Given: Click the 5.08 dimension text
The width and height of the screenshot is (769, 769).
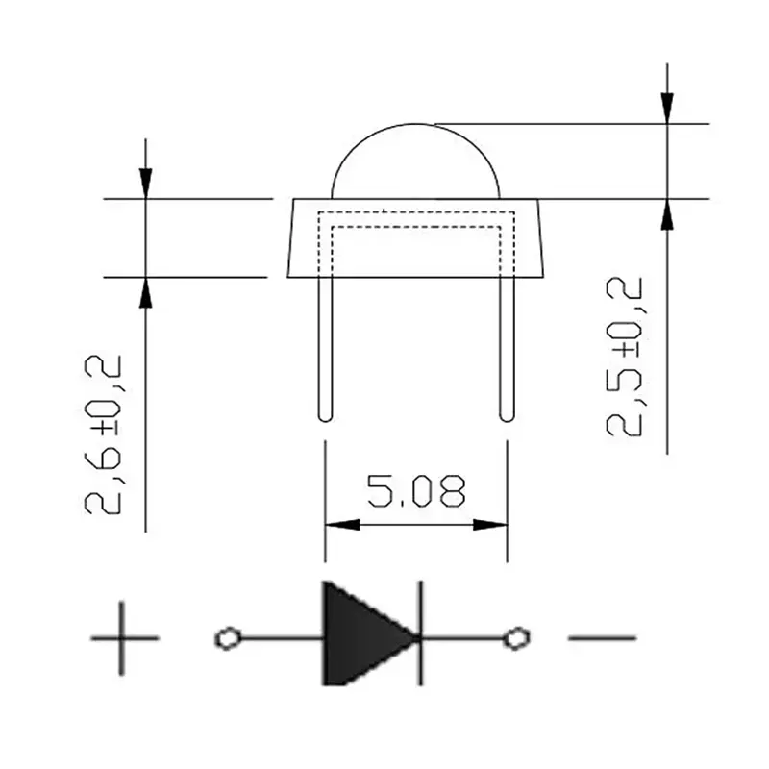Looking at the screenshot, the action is [x=416, y=491].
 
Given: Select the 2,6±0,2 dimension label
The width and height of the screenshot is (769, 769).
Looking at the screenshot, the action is [x=103, y=434].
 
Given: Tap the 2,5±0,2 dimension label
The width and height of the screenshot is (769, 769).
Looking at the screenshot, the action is [x=624, y=357].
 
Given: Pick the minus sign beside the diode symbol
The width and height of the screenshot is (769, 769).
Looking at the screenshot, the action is [x=603, y=638].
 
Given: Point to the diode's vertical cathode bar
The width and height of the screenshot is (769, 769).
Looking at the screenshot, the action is [x=420, y=633].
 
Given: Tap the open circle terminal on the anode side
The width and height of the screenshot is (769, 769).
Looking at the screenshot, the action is [x=228, y=638].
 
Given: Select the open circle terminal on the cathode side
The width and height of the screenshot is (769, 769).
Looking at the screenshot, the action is [x=516, y=638].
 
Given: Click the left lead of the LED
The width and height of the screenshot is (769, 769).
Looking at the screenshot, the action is [x=325, y=349].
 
